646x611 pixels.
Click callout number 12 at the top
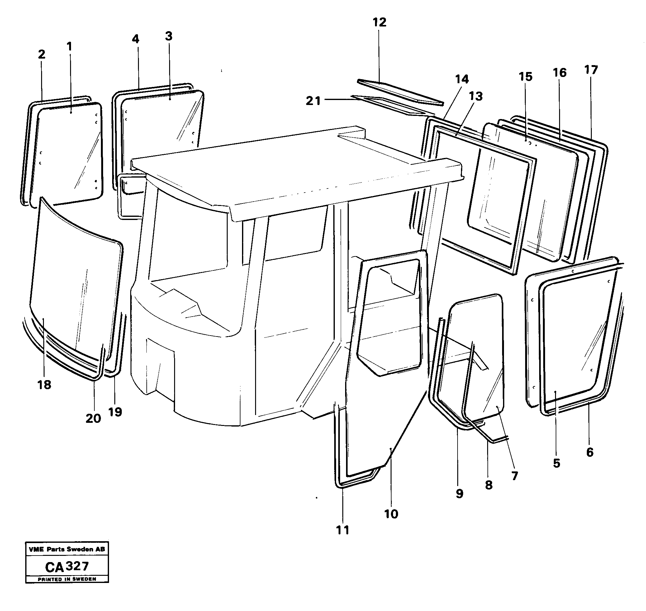[x=379, y=22]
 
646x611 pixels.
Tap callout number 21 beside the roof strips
[x=313, y=101]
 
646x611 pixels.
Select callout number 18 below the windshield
[x=44, y=385]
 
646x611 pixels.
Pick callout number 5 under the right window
[x=557, y=463]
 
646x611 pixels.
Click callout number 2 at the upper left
[x=41, y=55]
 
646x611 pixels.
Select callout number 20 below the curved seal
[x=93, y=418]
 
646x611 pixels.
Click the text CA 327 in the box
[x=67, y=567]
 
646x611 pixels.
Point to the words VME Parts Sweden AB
[x=67, y=549]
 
